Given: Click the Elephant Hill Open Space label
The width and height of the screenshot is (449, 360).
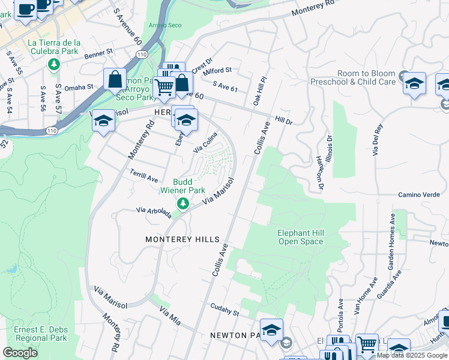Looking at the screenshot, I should [x=300, y=237].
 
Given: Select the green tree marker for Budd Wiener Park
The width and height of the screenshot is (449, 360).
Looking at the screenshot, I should [x=182, y=205].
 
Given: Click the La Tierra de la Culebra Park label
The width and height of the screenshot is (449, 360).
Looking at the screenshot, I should [x=54, y=47].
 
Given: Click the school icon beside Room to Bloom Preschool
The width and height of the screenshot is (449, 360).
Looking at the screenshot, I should [x=414, y=83].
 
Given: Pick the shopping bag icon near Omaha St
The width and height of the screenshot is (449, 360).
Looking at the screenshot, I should [x=115, y=79].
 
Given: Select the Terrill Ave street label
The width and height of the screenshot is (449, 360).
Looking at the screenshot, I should [x=143, y=175].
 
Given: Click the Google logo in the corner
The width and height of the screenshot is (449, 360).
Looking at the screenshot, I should [x=20, y=353].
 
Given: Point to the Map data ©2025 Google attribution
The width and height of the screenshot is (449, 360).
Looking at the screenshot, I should [x=412, y=355].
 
